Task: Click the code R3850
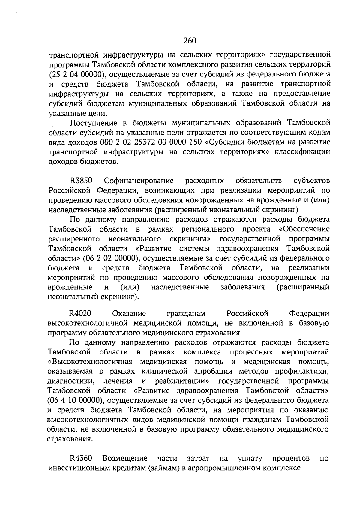click(x=81, y=181)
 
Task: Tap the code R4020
click(x=80, y=314)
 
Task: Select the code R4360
click(x=81, y=459)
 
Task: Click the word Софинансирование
click(x=139, y=181)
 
